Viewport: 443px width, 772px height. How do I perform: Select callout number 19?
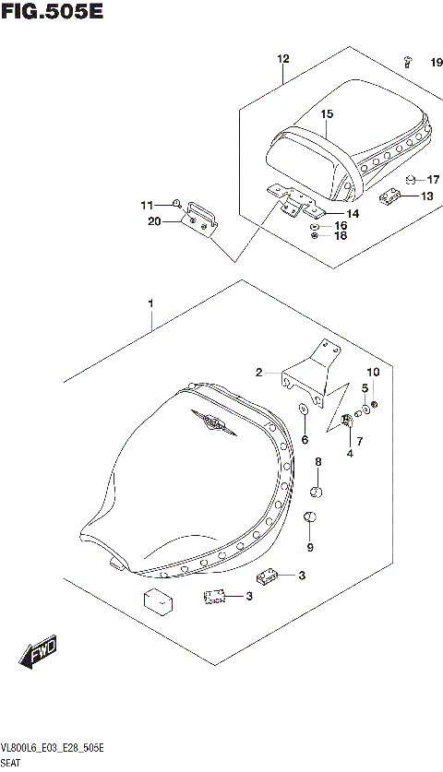tap(436, 63)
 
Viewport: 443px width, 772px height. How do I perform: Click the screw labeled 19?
tap(407, 61)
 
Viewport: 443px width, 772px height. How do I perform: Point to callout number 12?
tap(283, 59)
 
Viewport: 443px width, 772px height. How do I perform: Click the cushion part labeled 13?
tap(391, 195)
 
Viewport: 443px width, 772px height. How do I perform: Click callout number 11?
tap(147, 204)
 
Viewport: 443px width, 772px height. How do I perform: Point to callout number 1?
tap(150, 303)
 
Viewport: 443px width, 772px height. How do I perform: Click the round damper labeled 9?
tap(311, 519)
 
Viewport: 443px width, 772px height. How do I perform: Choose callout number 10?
tap(374, 372)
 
